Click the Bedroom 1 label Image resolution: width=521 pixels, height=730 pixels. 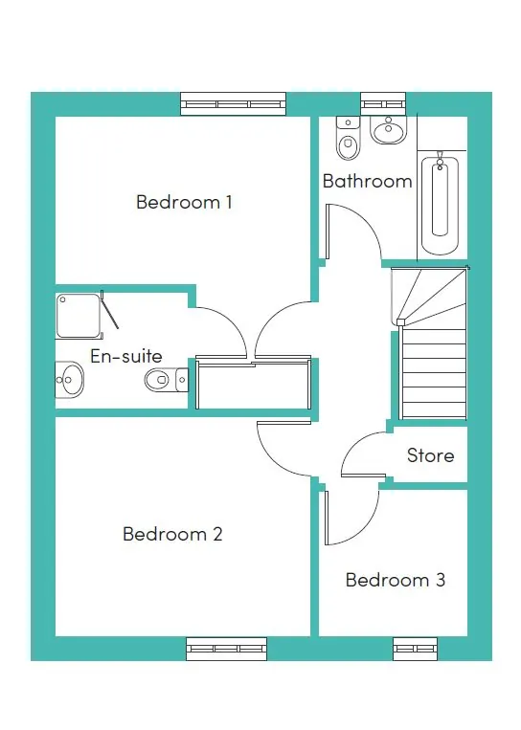point(184,202)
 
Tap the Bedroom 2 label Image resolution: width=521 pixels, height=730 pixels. point(172,534)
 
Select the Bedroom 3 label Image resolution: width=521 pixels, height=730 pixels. point(395,580)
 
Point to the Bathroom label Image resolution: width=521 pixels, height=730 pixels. point(367,181)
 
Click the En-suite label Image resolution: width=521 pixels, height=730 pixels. point(125,356)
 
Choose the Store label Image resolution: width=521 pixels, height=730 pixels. point(430,455)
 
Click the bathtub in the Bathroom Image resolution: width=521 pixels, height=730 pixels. point(440,200)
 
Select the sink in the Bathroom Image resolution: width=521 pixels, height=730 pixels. point(389,130)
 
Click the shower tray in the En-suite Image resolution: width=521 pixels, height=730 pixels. point(79,316)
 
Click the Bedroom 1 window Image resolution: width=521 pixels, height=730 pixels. point(233,103)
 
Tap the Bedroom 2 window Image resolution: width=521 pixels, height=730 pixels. point(225,649)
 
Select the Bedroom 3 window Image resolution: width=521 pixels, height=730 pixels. point(415,649)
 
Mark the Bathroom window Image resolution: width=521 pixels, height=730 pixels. point(383,103)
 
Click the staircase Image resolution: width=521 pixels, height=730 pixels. point(431,344)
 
